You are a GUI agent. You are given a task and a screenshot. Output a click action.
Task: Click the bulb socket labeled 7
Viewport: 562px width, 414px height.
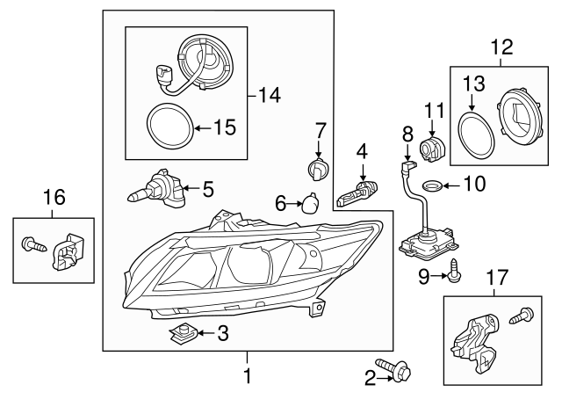[318, 167]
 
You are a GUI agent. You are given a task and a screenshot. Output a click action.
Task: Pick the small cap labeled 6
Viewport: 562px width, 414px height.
[311, 203]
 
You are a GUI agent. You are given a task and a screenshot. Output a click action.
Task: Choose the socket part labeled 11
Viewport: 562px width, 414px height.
[432, 148]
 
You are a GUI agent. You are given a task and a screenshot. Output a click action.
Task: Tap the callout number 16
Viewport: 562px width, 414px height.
[54, 198]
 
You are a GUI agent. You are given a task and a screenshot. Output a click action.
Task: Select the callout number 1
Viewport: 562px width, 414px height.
[247, 378]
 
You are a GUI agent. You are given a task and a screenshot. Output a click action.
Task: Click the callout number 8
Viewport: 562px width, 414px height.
[407, 133]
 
